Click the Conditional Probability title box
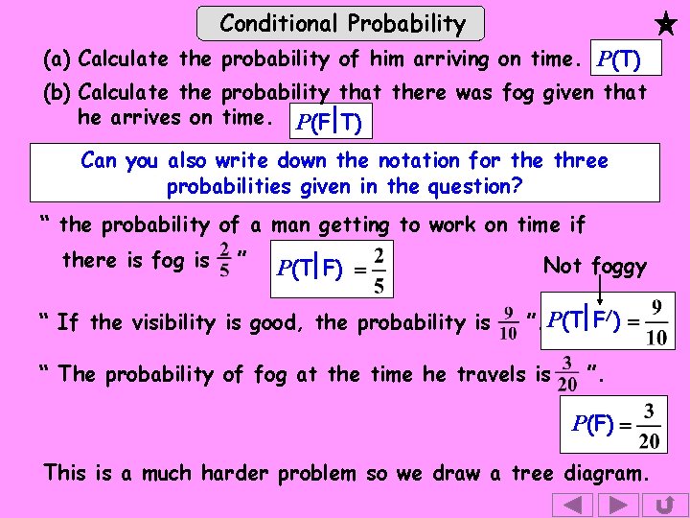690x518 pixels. pos(341,23)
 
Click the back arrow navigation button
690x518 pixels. pos(572,505)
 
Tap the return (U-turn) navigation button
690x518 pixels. pos(663,505)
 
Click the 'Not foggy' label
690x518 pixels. pos(594,266)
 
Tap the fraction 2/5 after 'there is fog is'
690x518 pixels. pos(223,260)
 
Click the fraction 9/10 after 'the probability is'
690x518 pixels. pos(509,322)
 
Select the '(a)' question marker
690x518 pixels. pos(58,59)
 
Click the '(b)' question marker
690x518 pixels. pos(58,93)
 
